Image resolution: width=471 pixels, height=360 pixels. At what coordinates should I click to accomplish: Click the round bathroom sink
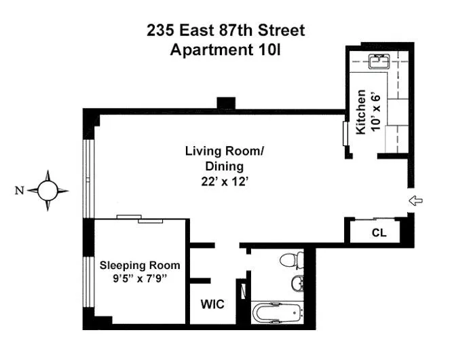[x=297, y=283]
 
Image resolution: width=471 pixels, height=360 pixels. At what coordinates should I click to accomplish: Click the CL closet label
[x=379, y=233]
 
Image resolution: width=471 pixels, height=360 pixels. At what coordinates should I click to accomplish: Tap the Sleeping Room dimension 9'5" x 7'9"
[x=140, y=278]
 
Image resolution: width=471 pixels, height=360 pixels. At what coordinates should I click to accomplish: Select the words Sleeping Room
[x=140, y=265]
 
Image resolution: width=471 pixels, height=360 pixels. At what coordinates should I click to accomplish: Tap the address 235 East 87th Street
[x=227, y=31]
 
